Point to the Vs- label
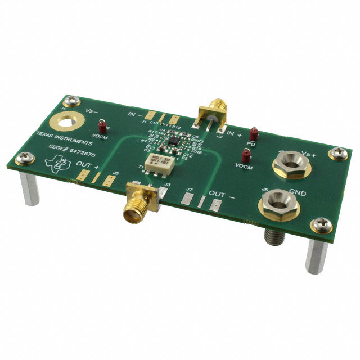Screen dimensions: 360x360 coord(92,111)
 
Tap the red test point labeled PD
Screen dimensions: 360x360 coord(254,134)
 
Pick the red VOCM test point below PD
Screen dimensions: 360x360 coord(245,156)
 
